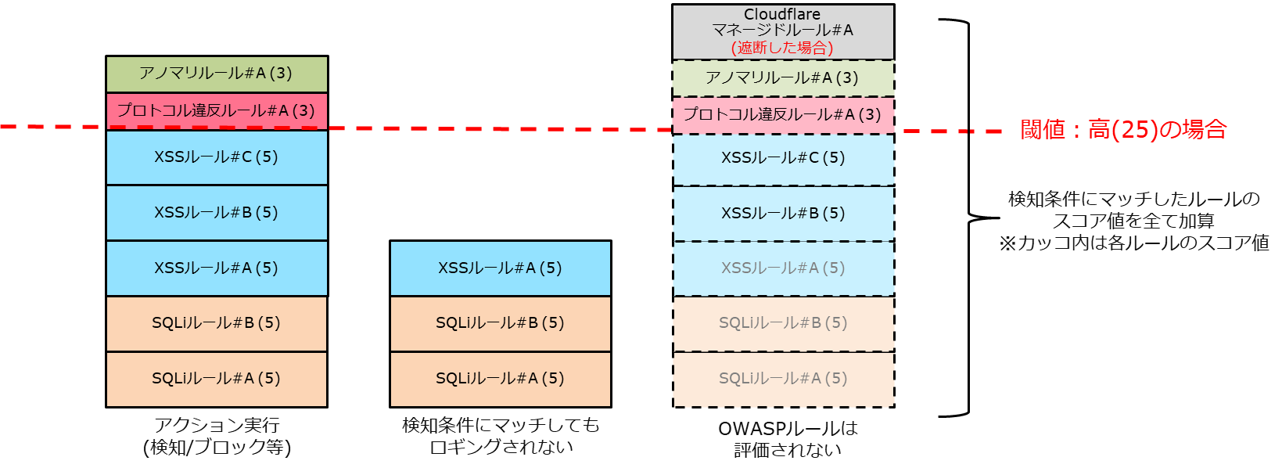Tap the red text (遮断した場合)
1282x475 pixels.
click(x=782, y=48)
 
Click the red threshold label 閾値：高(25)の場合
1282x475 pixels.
click(x=1123, y=129)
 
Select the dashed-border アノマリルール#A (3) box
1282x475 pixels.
click(x=782, y=77)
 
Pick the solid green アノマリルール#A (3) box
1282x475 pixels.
click(x=216, y=74)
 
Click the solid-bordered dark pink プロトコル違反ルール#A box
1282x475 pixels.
click(x=216, y=110)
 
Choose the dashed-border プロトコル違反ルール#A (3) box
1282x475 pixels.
click(x=782, y=114)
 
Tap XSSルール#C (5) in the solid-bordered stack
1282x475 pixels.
click(x=216, y=157)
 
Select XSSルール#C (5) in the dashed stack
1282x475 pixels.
click(x=782, y=158)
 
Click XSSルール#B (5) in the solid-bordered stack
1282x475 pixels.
click(x=216, y=213)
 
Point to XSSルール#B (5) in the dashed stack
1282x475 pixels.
click(x=782, y=214)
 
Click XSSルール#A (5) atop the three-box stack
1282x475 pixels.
click(x=500, y=268)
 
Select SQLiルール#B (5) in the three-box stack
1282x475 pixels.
click(x=500, y=323)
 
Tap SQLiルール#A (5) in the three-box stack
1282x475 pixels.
click(x=500, y=379)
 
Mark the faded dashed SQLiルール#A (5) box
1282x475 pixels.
click(x=782, y=379)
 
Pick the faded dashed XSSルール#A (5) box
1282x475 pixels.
click(x=782, y=268)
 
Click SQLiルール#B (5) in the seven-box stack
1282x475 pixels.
click(x=216, y=323)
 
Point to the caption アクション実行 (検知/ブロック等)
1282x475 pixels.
click(x=217, y=437)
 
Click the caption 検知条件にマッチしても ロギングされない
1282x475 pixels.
click(x=501, y=437)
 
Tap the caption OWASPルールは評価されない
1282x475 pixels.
click(x=788, y=439)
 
